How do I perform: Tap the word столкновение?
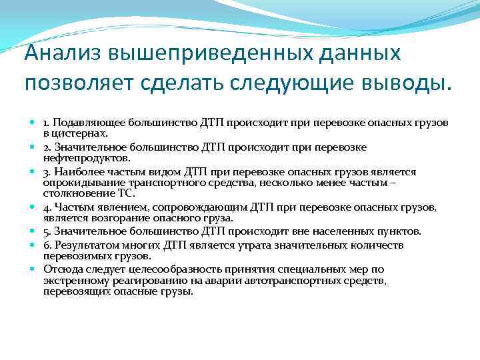[75, 193]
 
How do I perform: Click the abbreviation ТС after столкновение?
[125, 193]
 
